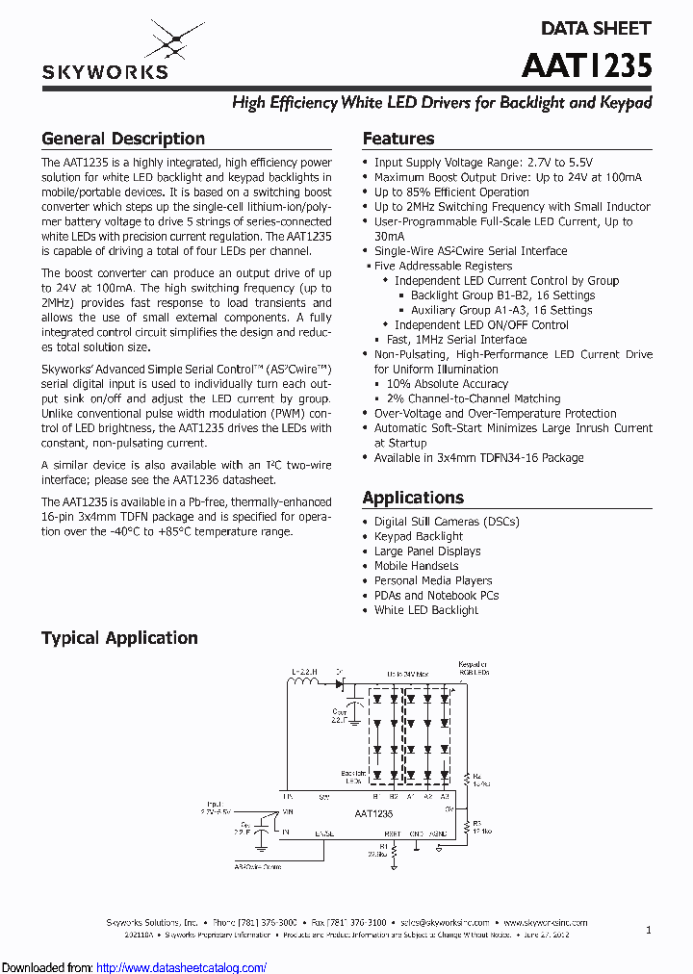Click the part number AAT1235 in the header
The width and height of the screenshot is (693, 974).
coord(586,64)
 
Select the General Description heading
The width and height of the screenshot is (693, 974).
coord(123,139)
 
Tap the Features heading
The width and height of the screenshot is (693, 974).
coord(398,139)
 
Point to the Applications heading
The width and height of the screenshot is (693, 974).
coord(413,498)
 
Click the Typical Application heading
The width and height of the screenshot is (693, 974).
coord(119,638)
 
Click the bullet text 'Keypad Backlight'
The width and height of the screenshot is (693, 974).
coord(419,536)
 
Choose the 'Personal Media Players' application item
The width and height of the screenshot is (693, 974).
coord(433,580)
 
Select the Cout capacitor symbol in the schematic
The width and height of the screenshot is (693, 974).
coord(355,710)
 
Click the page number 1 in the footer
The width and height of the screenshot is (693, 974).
coord(649,930)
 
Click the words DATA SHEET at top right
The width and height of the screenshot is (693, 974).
coord(596,29)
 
